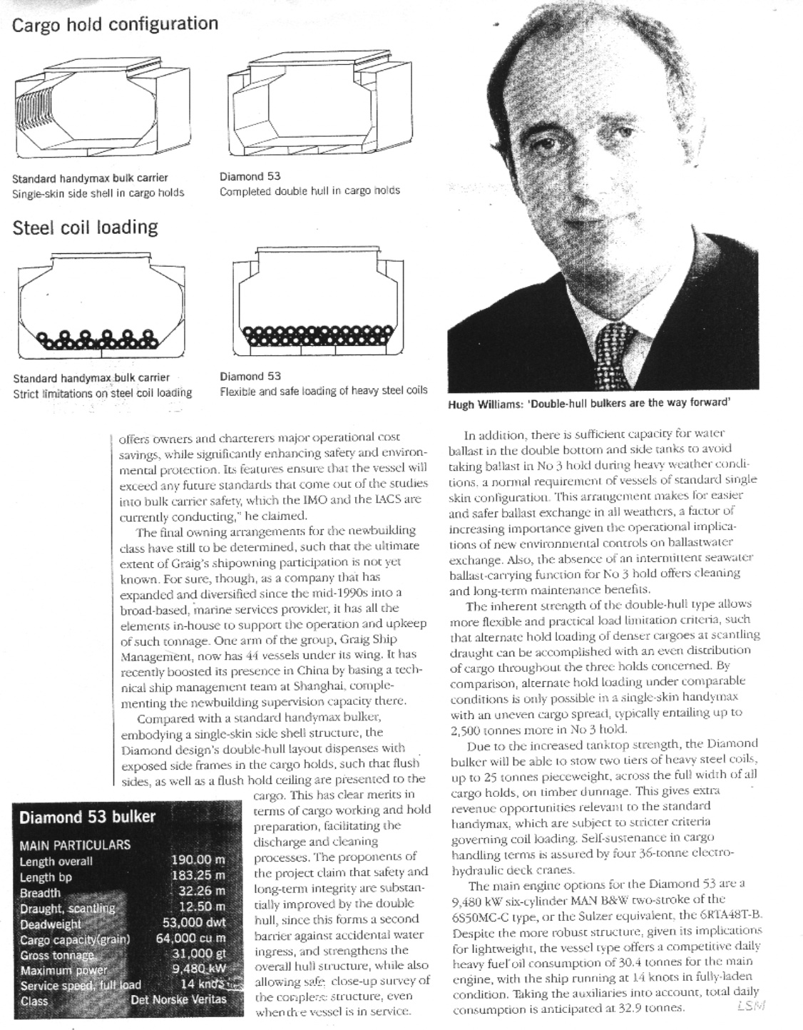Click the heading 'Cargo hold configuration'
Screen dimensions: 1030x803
click(115, 24)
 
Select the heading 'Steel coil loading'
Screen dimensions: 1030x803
click(85, 228)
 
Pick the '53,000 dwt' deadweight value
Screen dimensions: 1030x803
click(194, 923)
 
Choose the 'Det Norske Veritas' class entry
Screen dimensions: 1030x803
click(178, 999)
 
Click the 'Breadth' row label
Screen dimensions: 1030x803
click(41, 892)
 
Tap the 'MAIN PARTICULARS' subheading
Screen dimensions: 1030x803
click(75, 845)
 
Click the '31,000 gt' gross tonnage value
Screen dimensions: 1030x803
click(198, 954)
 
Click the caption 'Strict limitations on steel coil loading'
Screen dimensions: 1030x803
click(102, 393)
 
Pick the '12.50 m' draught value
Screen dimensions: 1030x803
click(202, 907)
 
